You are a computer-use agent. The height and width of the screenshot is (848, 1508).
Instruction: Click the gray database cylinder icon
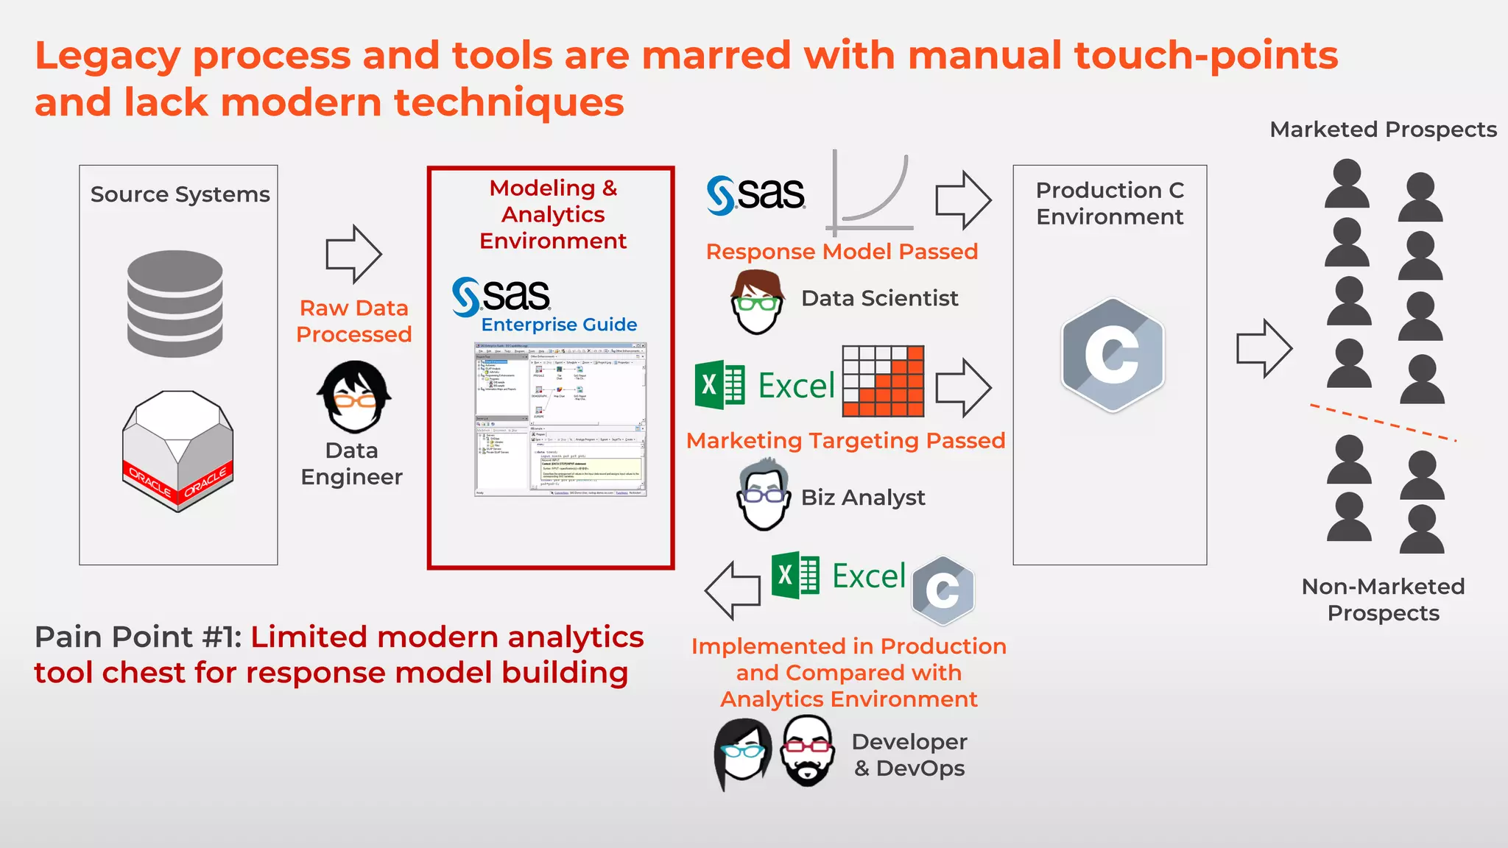(175, 303)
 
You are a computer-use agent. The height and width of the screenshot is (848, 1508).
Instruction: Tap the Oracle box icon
(177, 451)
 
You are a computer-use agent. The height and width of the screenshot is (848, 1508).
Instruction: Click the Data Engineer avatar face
(354, 397)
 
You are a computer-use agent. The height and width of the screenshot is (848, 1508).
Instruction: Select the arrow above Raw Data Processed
(353, 255)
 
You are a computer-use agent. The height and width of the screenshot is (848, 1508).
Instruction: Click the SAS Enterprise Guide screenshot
(560, 420)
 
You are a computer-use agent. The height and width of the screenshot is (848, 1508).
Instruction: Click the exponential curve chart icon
(871, 193)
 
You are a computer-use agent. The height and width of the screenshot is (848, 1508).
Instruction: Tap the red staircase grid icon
(883, 381)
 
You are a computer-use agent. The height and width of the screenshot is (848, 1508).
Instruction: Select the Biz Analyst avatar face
(764, 495)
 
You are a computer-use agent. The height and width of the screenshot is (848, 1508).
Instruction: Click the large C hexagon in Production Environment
(1112, 355)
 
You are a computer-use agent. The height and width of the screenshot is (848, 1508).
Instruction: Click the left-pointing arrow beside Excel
(733, 590)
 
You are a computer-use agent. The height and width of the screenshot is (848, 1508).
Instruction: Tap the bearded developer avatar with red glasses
(808, 752)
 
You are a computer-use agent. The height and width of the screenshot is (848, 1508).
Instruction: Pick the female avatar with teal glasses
(742, 752)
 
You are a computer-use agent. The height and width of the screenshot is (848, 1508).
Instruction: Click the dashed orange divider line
(1382, 423)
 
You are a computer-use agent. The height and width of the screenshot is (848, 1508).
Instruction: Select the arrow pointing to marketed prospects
(1264, 348)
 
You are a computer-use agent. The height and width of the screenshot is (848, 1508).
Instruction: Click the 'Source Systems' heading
(180, 194)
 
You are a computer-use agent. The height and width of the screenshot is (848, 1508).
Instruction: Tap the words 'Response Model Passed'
(842, 252)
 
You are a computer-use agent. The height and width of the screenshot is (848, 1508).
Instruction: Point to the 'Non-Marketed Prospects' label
(1383, 599)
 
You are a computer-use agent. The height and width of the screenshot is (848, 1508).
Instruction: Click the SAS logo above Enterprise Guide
(501, 296)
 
